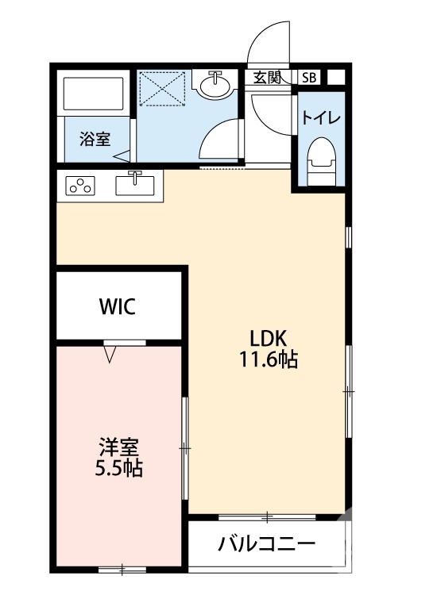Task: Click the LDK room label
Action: (x=268, y=336)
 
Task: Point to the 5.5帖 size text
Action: (x=120, y=468)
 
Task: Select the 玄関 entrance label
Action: (x=267, y=78)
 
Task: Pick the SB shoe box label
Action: (x=308, y=78)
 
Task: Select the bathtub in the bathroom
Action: (x=94, y=94)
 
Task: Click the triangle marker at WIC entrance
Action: (x=111, y=354)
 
